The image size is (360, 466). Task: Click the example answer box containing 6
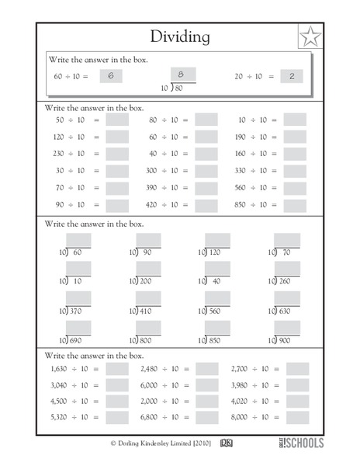coord(112,76)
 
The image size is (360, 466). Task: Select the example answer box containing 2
coord(291,76)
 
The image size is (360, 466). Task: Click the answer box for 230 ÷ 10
coord(117,154)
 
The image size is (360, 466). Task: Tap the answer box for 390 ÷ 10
coord(206,188)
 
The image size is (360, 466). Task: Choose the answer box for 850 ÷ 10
coord(295,205)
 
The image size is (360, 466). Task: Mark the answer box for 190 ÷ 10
coord(295,137)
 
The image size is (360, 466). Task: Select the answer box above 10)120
coord(218,240)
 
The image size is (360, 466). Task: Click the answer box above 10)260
coord(286,269)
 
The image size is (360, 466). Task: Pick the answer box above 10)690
coord(78,327)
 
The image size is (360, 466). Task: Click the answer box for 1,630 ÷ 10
coord(117,369)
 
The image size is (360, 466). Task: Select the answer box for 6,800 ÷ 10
coord(206,418)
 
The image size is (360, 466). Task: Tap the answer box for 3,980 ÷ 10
coord(296,385)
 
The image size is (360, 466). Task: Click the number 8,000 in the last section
coord(244,418)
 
